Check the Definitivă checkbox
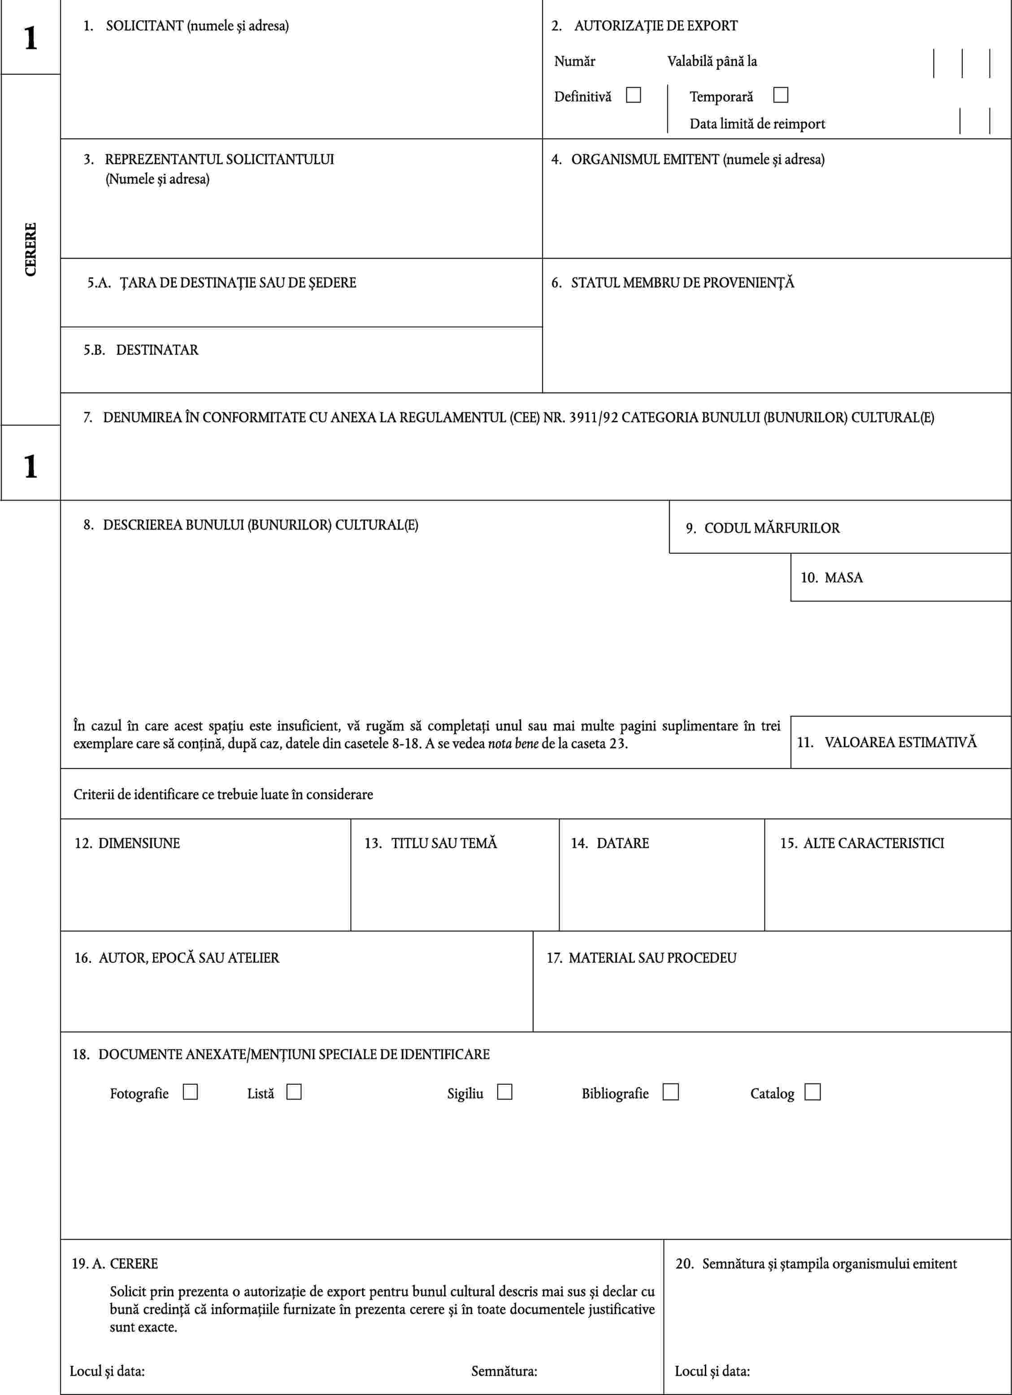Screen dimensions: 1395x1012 click(633, 96)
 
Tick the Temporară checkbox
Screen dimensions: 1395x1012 click(780, 96)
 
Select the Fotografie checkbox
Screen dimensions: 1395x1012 click(190, 1092)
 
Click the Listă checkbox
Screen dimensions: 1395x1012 click(294, 1092)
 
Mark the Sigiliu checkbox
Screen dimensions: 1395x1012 click(504, 1092)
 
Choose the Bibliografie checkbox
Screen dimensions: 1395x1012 click(671, 1092)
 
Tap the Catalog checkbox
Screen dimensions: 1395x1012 click(812, 1092)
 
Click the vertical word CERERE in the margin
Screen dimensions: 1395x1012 click(30, 249)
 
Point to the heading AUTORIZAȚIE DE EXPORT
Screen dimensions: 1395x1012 click(656, 26)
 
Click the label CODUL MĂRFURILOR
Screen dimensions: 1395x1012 click(772, 528)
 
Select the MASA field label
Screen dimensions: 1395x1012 click(843, 578)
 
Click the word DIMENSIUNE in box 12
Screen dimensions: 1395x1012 click(139, 843)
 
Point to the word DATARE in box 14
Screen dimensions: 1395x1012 click(623, 843)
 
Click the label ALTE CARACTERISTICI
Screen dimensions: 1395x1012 click(873, 843)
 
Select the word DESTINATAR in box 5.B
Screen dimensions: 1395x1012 click(157, 350)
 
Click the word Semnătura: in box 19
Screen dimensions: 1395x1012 click(504, 1371)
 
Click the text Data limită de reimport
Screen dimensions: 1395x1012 click(757, 124)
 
